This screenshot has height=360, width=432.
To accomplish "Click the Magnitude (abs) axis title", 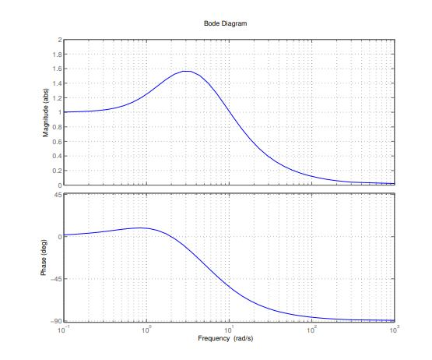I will coord(46,112).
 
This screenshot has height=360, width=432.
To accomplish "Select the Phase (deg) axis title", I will coord(46,257).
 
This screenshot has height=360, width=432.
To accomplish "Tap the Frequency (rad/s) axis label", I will coord(228,341).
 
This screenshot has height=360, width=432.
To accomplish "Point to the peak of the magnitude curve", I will coord(187,71).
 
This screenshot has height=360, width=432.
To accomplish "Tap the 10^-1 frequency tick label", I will coord(63,330).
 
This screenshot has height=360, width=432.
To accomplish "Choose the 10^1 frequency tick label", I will coord(229,330).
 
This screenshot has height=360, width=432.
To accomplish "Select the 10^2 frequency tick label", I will coord(311,330).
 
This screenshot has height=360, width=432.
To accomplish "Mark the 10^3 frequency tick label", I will coord(393,330).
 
